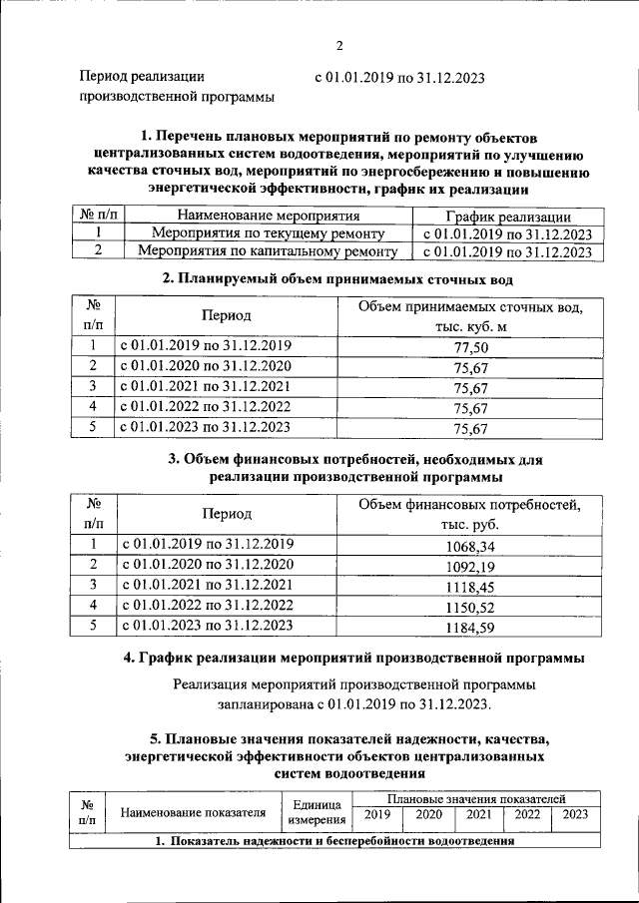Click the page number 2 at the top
pyautogui.click(x=338, y=45)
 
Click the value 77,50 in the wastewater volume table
pyautogui.click(x=469, y=347)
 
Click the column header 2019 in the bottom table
pyautogui.click(x=376, y=814)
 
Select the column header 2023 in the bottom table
pyautogui.click(x=575, y=814)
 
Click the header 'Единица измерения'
pyautogui.click(x=318, y=812)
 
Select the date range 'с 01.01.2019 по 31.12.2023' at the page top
pyautogui.click(x=400, y=76)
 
